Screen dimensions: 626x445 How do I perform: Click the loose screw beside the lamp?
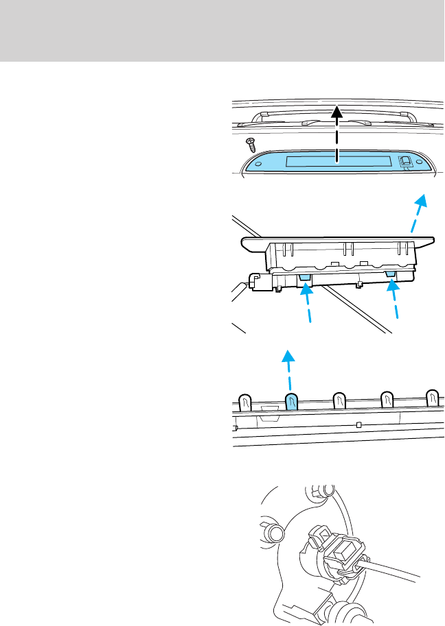point(251,144)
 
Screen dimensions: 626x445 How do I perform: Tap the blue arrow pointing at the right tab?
point(395,302)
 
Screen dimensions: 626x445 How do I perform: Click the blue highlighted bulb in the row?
point(291,402)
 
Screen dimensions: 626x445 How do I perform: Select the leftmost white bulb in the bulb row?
point(244,402)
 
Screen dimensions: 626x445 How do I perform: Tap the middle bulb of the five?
point(339,400)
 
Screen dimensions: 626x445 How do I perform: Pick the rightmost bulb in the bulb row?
point(432,398)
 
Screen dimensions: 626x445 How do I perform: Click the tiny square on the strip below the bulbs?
point(359,426)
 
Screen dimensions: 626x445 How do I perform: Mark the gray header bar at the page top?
point(223,30)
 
